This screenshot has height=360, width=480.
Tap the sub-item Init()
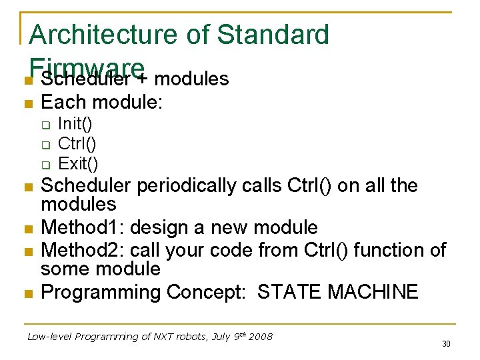75,123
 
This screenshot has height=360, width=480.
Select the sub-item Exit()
78,163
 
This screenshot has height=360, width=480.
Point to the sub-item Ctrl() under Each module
77,143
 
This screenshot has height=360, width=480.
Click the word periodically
186,185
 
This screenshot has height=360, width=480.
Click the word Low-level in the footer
50,337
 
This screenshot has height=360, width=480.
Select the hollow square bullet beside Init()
45,124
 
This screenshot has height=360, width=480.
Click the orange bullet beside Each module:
27,103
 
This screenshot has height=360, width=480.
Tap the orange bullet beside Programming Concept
27,293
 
